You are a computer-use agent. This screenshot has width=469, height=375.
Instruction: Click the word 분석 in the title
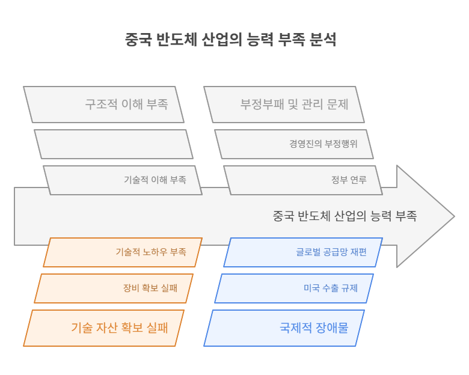323,40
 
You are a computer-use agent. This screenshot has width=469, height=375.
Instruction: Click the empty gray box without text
114,144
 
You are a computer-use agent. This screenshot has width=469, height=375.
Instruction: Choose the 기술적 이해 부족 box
123,180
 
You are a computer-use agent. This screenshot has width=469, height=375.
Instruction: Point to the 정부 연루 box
303,180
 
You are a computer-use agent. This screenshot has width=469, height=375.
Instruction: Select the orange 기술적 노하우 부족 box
123,252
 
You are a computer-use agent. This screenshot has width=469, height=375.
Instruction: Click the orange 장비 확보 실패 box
114,288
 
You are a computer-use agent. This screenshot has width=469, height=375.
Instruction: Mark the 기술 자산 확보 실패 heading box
103,328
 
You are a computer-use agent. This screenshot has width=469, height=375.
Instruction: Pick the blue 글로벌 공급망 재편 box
303,252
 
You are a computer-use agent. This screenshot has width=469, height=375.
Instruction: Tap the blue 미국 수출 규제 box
294,288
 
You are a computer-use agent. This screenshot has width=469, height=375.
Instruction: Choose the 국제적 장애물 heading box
284,328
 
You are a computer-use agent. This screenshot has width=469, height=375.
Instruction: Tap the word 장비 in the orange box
130,288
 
